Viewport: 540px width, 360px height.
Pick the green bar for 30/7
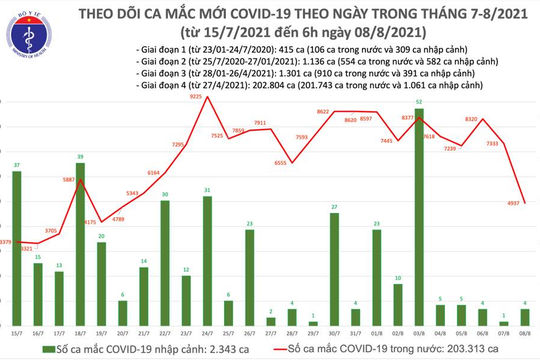(334, 260)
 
